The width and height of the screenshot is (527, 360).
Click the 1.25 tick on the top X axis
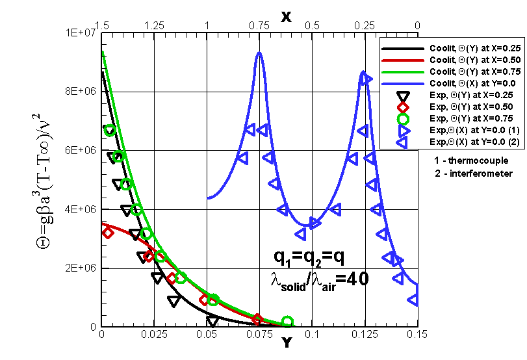click(x=154, y=25)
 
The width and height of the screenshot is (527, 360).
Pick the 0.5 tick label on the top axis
click(x=312, y=25)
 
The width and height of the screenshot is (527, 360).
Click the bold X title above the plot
click(x=286, y=16)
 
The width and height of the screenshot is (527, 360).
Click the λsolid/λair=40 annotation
click(x=319, y=278)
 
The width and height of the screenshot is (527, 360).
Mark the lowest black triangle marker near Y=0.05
click(x=212, y=321)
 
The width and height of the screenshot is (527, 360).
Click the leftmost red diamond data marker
click(x=107, y=233)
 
